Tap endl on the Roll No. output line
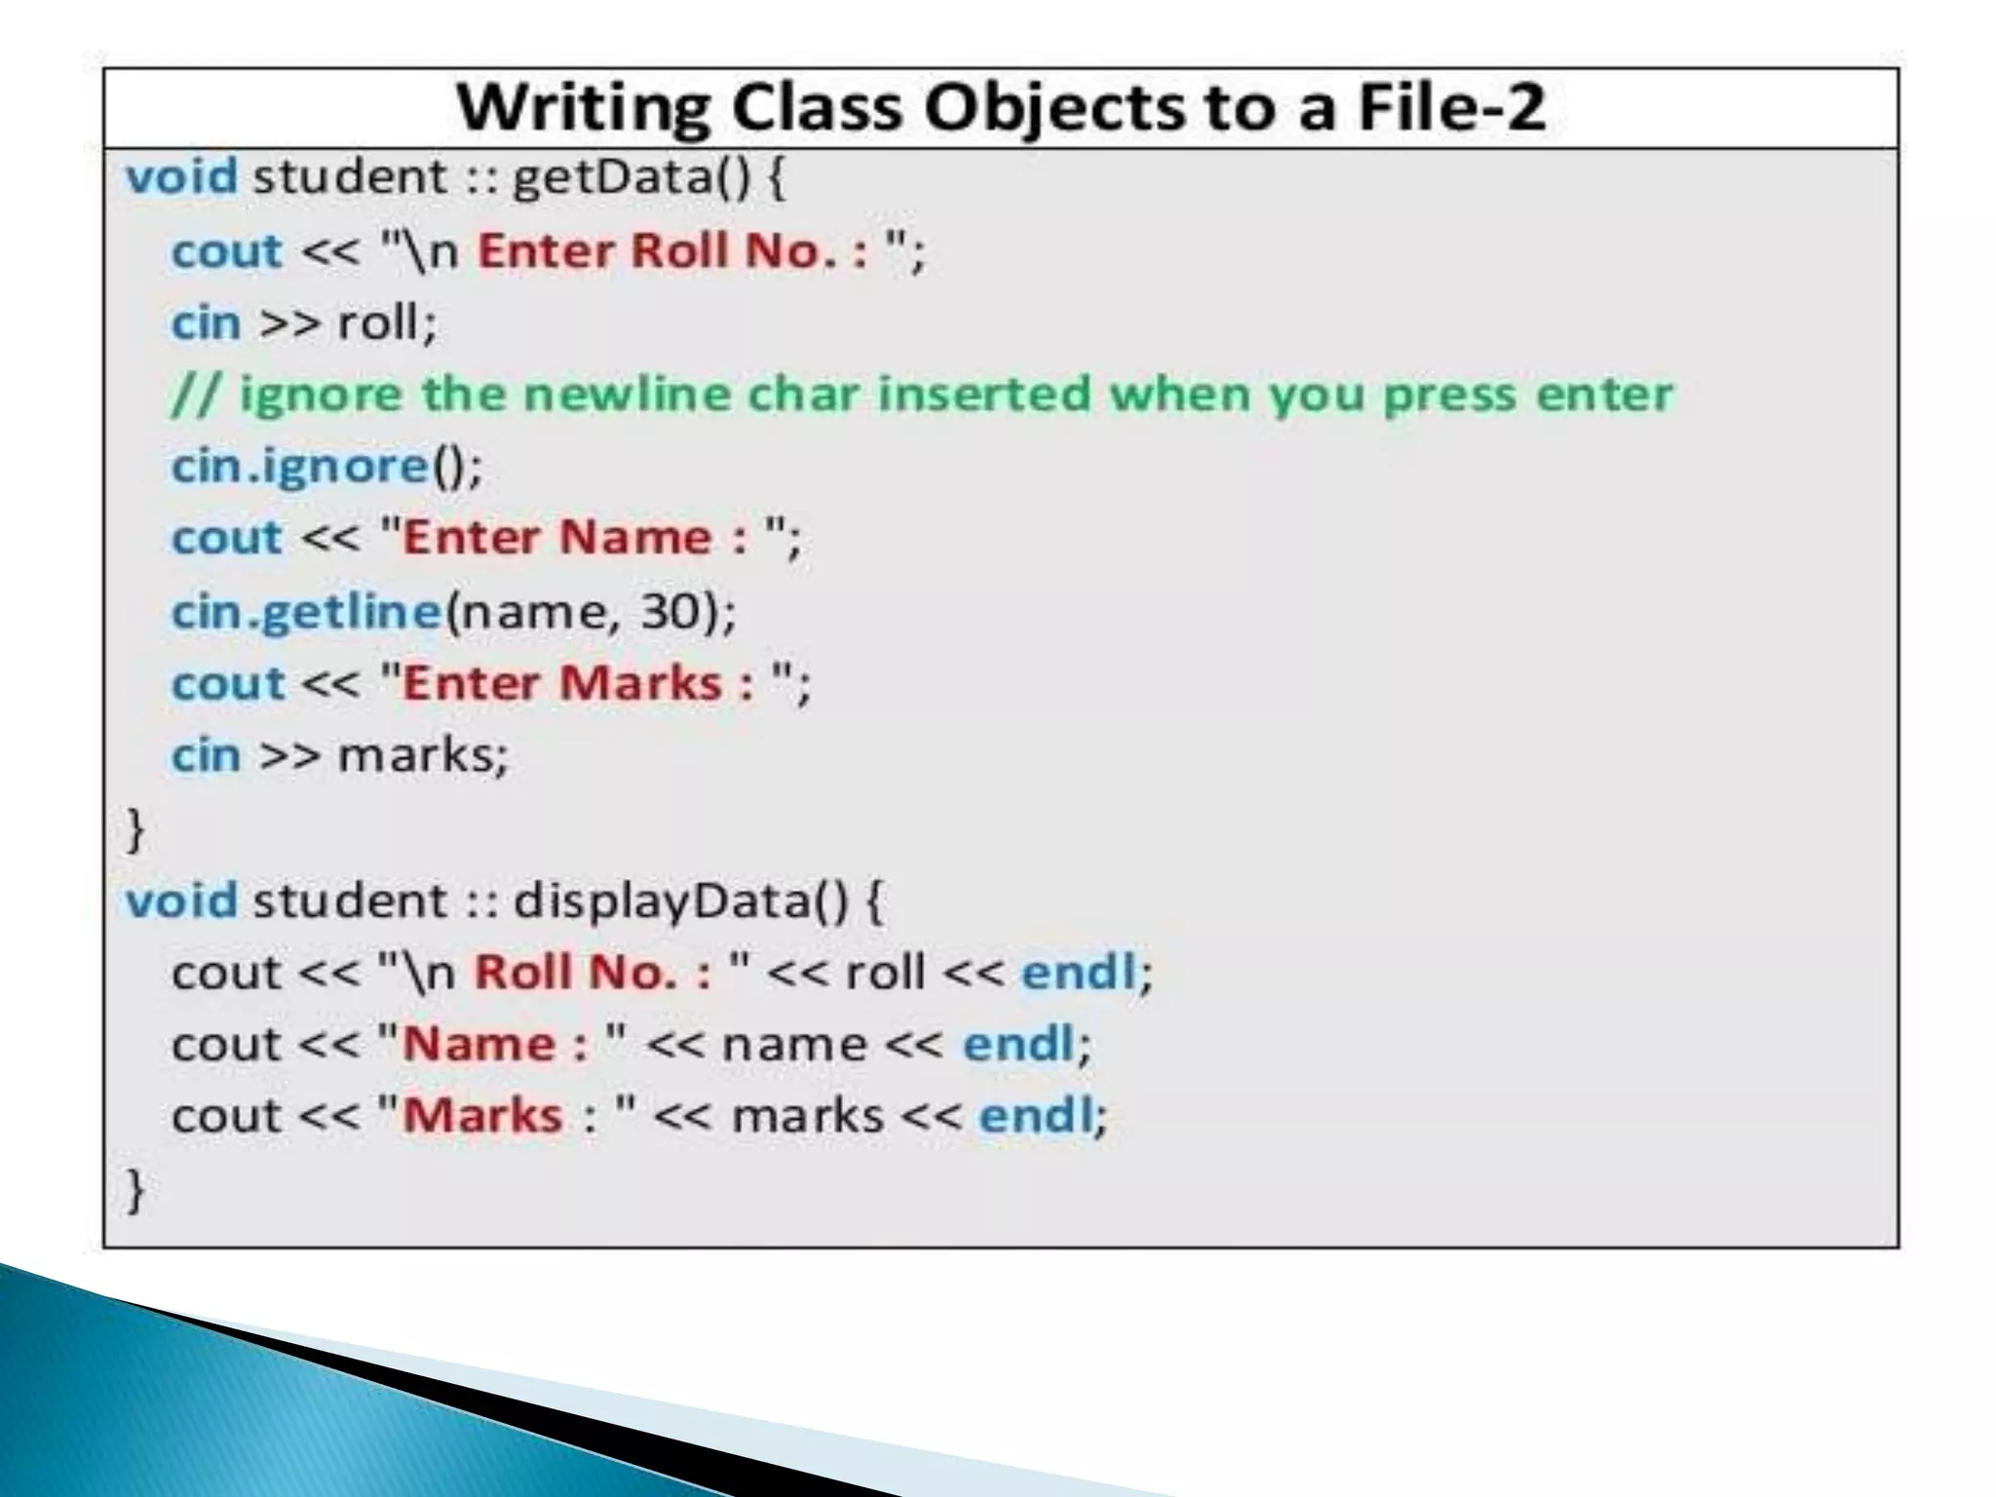tap(1078, 973)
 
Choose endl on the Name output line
tap(1018, 1044)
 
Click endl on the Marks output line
tap(1035, 1116)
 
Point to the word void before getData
tap(181, 178)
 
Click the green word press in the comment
tap(1450, 395)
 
